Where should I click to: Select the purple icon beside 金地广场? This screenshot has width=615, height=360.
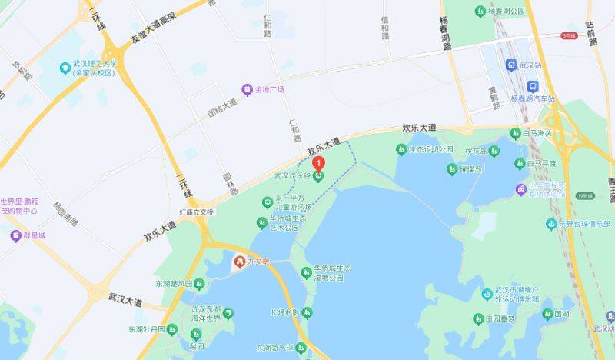coord(247,89)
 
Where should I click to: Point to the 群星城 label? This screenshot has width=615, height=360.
coord(35,235)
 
